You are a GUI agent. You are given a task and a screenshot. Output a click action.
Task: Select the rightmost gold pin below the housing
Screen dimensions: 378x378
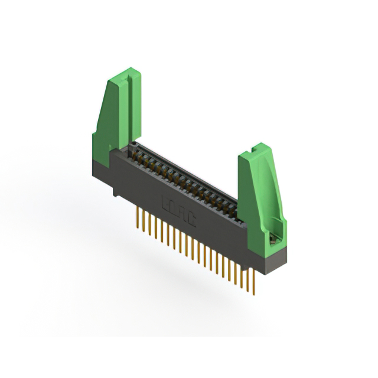pos(252,282)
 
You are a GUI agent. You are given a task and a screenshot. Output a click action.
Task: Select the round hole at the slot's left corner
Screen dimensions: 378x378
pos(136,144)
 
